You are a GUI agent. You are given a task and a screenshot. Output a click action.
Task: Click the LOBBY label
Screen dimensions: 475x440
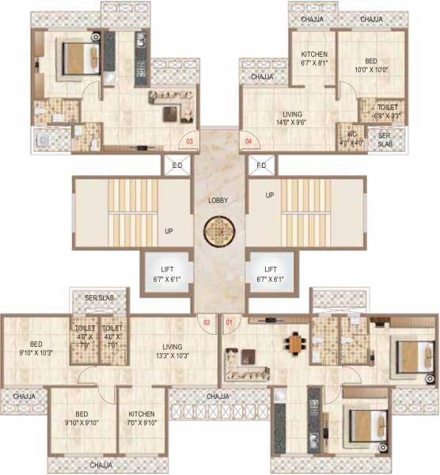[218, 200]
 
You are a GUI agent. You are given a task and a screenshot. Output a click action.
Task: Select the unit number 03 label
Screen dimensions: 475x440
[189, 142]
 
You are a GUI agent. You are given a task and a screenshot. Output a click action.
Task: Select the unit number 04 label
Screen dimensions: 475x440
[248, 142]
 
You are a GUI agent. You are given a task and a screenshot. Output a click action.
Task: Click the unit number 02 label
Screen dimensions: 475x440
[207, 322]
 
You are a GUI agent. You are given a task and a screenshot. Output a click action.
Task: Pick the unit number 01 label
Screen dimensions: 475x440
[229, 322]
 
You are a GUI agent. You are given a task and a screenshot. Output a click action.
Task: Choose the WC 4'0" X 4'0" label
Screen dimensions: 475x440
[347, 138]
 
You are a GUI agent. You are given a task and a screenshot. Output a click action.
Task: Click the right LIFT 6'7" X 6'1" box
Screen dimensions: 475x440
[271, 274]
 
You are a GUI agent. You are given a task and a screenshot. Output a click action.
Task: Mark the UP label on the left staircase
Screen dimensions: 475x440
[168, 231]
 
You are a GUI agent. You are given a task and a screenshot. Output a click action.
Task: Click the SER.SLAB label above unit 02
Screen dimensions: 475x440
[100, 297]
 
